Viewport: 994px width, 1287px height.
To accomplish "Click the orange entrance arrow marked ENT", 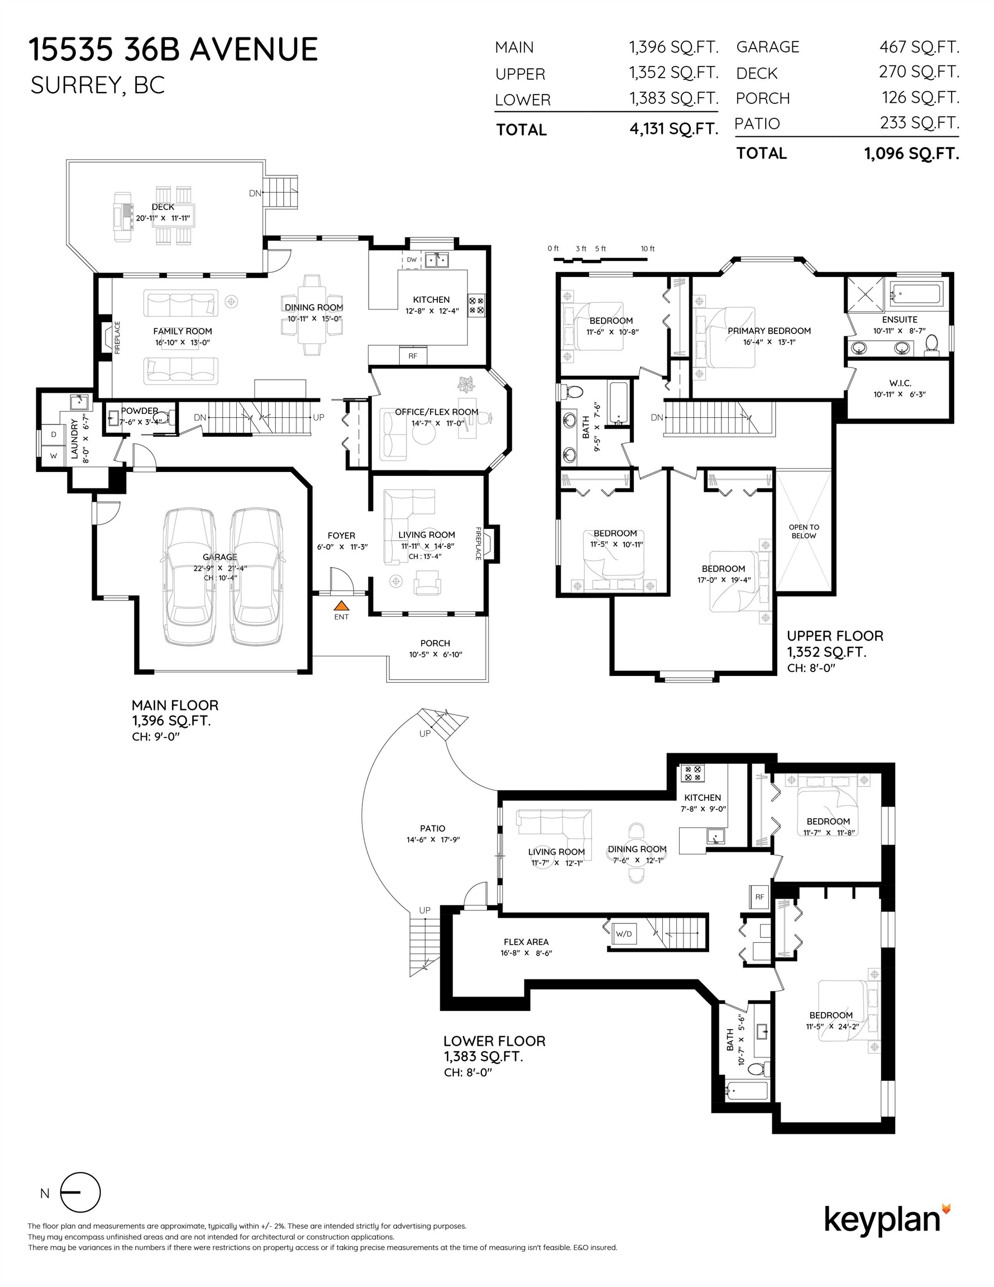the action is (341, 605).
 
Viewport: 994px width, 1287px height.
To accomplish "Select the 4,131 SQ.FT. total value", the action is (674, 129).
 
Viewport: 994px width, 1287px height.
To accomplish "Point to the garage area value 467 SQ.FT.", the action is (919, 46).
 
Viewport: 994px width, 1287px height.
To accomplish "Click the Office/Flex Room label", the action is (437, 412).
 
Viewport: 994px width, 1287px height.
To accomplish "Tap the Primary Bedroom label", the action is (769, 331).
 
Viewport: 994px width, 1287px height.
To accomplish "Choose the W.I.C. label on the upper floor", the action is (900, 383).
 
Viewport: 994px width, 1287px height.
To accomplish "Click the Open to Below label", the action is (804, 532).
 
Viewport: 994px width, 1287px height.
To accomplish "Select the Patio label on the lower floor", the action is (432, 828).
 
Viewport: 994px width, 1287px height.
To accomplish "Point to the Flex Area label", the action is (526, 942).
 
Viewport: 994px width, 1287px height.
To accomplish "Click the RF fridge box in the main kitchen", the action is (413, 355).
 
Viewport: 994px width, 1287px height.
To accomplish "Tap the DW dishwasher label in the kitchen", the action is (411, 260).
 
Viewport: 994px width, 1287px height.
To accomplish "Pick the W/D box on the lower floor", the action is (623, 934).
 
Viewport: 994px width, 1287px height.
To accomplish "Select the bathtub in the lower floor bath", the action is (747, 1091).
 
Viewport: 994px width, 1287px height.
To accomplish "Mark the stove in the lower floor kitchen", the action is (693, 773).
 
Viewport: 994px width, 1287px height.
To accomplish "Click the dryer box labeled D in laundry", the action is (54, 434).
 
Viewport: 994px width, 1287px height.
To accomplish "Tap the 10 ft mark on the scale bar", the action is (648, 249).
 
